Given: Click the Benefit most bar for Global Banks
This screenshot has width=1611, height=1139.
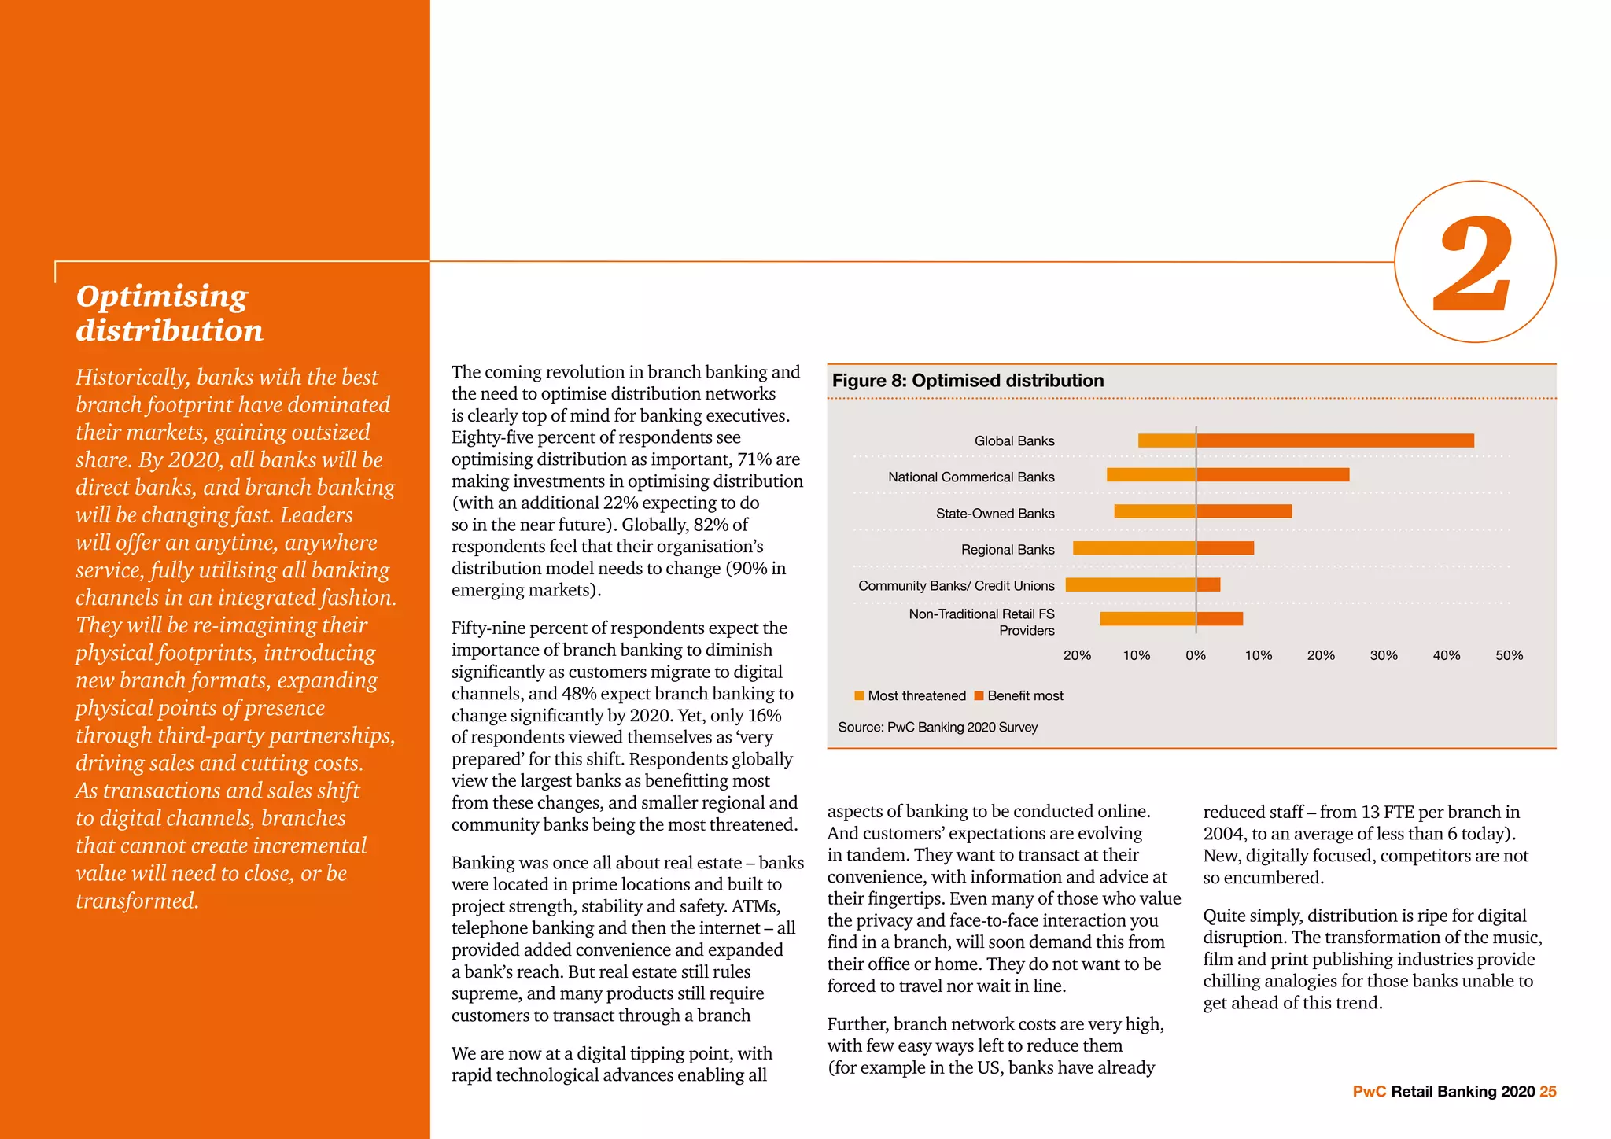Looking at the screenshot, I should point(1335,440).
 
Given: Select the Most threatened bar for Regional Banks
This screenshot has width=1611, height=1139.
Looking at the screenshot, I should point(1134,548).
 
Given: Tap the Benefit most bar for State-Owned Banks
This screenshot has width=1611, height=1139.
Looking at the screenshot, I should point(1244,511).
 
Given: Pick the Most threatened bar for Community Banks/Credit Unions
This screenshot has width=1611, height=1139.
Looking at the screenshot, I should point(1130,584).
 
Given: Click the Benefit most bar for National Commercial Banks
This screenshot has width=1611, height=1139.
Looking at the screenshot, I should point(1273,475).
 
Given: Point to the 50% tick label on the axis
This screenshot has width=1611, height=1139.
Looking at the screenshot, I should point(1509,655).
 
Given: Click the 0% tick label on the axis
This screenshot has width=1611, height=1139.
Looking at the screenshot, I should point(1196,655).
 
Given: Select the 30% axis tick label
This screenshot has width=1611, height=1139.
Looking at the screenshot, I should point(1384,655).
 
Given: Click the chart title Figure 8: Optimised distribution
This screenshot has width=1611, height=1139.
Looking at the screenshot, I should point(968,381).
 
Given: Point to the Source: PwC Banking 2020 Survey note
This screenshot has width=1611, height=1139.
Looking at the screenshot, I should point(938,727).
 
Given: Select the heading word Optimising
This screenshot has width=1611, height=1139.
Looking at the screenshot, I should point(161,297).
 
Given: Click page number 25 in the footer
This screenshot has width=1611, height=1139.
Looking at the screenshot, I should point(1547,1091).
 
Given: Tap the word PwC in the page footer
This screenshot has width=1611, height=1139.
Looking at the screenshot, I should point(1369,1091).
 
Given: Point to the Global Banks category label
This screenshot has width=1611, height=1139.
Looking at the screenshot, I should point(1014,440).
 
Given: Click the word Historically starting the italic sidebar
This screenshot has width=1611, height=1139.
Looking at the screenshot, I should point(132,378).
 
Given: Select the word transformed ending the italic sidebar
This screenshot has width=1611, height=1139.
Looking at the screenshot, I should point(137,901).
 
